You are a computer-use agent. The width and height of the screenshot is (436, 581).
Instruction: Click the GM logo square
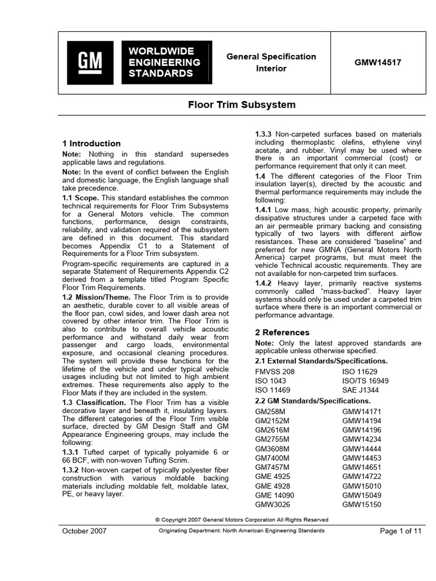[x=90, y=62]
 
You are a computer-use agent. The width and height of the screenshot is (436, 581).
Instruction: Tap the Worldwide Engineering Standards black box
[x=166, y=62]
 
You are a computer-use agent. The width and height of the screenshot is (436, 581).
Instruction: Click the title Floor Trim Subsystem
[x=242, y=105]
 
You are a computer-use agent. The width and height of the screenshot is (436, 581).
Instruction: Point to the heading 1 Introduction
[x=91, y=144]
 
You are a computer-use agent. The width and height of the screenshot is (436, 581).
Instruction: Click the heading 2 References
[x=282, y=332]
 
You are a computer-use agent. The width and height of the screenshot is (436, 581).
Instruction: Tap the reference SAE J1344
[x=361, y=390]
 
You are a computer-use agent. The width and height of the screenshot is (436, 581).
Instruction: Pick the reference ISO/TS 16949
[x=366, y=381]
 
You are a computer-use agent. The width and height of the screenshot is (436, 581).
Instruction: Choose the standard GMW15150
[x=362, y=505]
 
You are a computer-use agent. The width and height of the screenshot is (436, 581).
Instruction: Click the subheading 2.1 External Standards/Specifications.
[x=321, y=361]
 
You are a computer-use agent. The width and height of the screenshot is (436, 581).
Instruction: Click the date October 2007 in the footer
[x=83, y=531]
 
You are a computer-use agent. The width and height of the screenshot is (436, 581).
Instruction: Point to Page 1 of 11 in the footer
[x=400, y=531]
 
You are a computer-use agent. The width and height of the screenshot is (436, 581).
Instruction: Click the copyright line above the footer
[x=241, y=519]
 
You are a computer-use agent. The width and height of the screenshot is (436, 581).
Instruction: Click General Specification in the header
[x=271, y=57]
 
